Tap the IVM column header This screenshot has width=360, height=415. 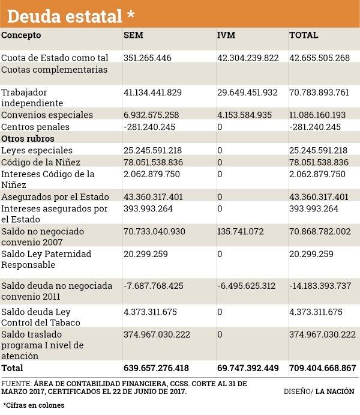[x=226, y=35]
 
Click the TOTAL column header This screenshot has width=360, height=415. [x=304, y=35]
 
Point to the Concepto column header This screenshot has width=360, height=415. [x=21, y=35]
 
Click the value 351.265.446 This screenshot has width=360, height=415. [x=147, y=58]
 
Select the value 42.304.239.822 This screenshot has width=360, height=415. [x=248, y=58]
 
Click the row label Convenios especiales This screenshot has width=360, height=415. [x=47, y=115]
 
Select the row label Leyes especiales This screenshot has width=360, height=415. [x=37, y=150]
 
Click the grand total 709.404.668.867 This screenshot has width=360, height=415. [x=323, y=368]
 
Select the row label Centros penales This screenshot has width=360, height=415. [x=35, y=127]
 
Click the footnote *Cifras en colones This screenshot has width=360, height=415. [x=33, y=405]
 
